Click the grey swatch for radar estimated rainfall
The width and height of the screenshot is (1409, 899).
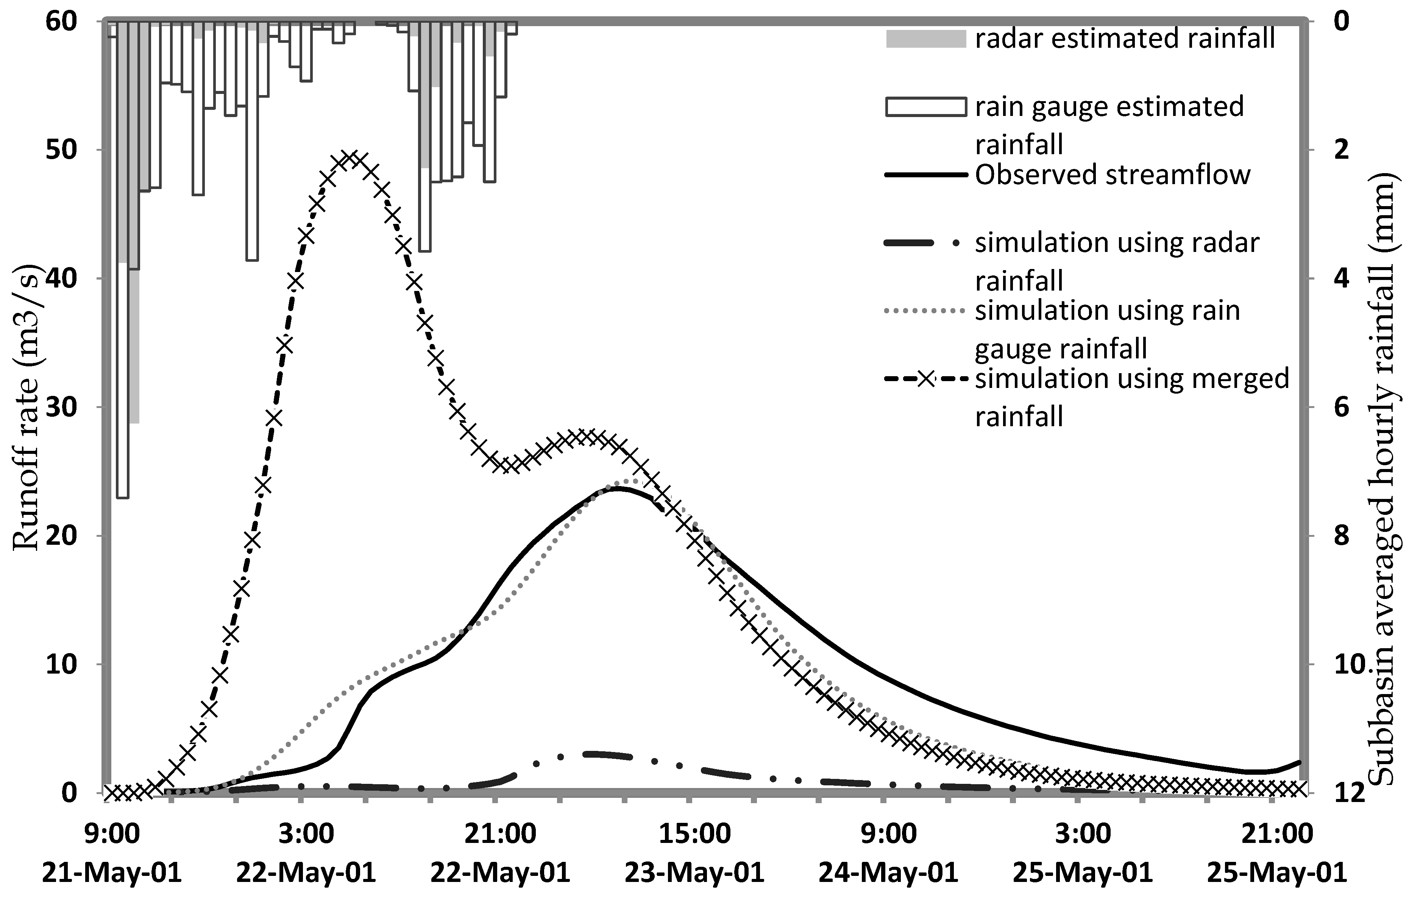point(926,39)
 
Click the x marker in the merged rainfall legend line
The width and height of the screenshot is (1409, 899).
point(926,379)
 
